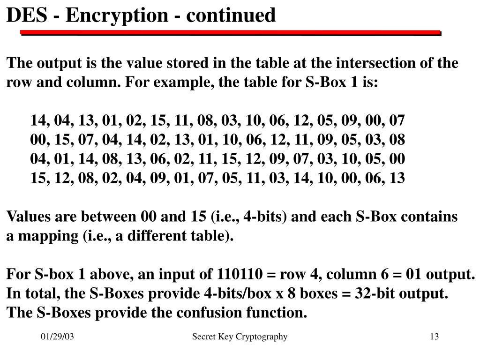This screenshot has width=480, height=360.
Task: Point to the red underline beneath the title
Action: (x=230, y=33)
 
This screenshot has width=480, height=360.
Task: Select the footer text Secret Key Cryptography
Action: (x=240, y=337)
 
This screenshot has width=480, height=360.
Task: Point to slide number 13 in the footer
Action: (x=434, y=337)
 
